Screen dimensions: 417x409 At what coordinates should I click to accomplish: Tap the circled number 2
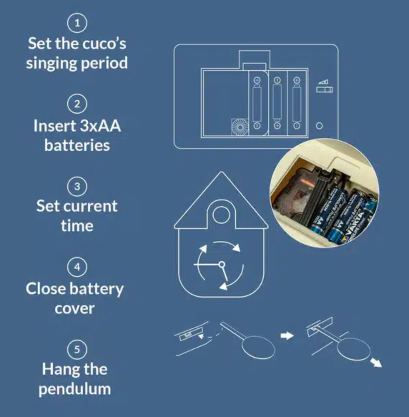click(77, 104)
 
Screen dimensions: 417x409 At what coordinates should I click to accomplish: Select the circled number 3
click(77, 186)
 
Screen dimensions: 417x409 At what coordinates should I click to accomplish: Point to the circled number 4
click(77, 267)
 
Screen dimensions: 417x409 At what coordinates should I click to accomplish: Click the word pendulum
click(75, 389)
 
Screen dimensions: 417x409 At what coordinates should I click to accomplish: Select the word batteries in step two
click(77, 145)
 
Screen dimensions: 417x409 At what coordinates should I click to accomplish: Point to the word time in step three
click(77, 226)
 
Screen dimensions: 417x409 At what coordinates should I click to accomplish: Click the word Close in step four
click(46, 289)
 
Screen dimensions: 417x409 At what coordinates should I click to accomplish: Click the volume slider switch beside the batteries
click(324, 89)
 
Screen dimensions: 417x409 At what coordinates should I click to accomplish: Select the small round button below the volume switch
click(319, 126)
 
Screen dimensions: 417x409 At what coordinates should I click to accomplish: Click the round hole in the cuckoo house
click(221, 216)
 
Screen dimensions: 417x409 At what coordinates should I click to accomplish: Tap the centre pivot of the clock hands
click(222, 265)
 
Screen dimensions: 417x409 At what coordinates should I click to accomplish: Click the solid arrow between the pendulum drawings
click(287, 335)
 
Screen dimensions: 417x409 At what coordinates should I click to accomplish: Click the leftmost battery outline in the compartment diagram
click(257, 104)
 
